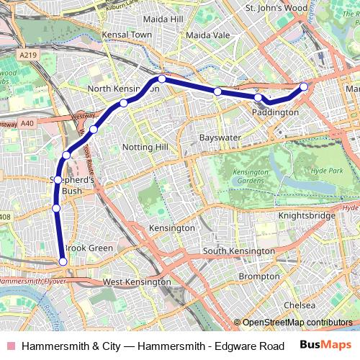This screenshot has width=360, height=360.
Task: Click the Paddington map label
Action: [275, 112]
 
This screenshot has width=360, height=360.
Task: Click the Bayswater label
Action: [220, 136]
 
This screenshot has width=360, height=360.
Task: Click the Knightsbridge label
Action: [307, 215]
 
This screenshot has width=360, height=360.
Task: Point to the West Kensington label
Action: [137, 282]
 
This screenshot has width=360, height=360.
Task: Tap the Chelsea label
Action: [300, 305]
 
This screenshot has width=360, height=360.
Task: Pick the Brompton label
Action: [258, 276]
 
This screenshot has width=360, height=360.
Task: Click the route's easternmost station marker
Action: [304, 86]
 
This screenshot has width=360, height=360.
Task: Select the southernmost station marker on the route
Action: [63, 261]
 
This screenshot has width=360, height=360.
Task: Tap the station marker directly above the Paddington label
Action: [258, 97]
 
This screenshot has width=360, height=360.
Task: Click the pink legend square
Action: [10, 346]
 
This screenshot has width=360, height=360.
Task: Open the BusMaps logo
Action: [325, 346]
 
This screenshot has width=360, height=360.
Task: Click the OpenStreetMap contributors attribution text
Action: [297, 323]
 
